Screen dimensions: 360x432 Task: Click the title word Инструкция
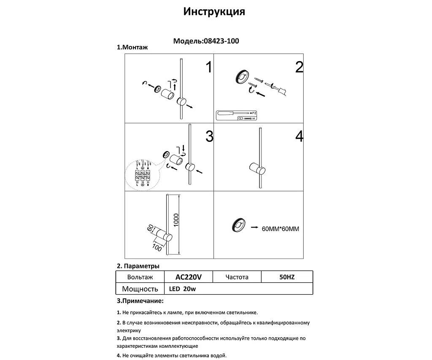214,11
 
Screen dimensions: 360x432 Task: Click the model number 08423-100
221,41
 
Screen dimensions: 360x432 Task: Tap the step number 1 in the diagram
208,67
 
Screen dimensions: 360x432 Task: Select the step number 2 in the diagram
299,67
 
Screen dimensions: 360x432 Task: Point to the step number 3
209,136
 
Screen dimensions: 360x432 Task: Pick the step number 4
299,136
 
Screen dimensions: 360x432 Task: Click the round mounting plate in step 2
242,77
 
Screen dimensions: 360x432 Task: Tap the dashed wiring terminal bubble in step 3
142,174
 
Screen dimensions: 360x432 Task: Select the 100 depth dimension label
157,246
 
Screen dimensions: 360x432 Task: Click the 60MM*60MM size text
280,229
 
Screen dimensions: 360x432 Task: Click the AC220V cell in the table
188,277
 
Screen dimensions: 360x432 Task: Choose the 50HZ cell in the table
287,277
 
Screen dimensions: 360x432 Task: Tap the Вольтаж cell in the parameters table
140,277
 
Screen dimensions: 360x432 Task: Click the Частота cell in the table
237,277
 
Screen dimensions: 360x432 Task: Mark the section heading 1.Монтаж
132,48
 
